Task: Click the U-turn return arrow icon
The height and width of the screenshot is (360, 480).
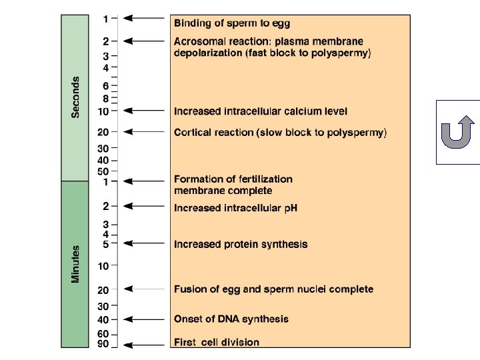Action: (x=457, y=131)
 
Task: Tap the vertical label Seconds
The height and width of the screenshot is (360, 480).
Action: (x=75, y=97)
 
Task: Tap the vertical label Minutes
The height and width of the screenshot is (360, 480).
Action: (x=75, y=263)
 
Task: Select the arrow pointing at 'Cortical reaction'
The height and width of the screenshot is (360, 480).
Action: (x=145, y=132)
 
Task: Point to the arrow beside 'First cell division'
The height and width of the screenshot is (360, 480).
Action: (x=145, y=345)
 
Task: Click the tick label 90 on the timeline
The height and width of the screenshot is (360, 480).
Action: (x=103, y=345)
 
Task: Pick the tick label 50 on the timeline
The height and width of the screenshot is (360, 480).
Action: (x=103, y=171)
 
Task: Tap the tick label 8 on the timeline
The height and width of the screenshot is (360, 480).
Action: (x=105, y=98)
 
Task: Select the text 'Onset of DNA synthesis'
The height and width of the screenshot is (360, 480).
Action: (x=231, y=319)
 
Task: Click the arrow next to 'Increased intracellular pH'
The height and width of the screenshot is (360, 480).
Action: (x=145, y=207)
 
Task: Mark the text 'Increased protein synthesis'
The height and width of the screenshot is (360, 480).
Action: (x=241, y=244)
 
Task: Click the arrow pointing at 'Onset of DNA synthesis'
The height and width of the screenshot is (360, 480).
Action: (x=145, y=319)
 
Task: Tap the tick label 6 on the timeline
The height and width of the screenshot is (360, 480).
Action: (x=105, y=86)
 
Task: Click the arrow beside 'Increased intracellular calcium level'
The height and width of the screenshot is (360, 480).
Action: (x=145, y=111)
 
